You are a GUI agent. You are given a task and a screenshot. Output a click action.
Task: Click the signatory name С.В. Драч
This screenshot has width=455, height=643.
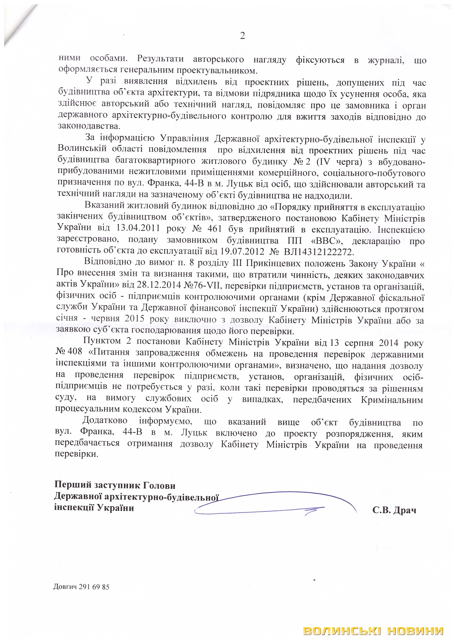[x=394, y=510]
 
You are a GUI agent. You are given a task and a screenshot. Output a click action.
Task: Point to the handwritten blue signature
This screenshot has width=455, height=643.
[x=275, y=506]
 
